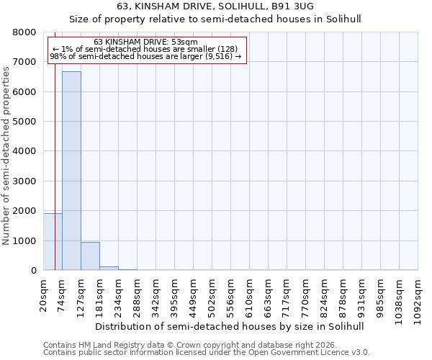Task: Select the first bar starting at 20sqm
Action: point(52,242)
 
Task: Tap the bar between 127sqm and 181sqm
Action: point(90,256)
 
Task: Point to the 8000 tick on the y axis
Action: point(24,32)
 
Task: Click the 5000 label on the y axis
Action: point(24,122)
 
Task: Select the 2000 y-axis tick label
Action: point(24,211)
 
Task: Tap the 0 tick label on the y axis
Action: point(33,271)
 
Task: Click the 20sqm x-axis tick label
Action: point(44,294)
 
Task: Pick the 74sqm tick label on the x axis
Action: point(63,294)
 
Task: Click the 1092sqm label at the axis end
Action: point(418,299)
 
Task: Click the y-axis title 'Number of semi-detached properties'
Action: point(6,151)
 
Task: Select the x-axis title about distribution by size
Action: point(230,326)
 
